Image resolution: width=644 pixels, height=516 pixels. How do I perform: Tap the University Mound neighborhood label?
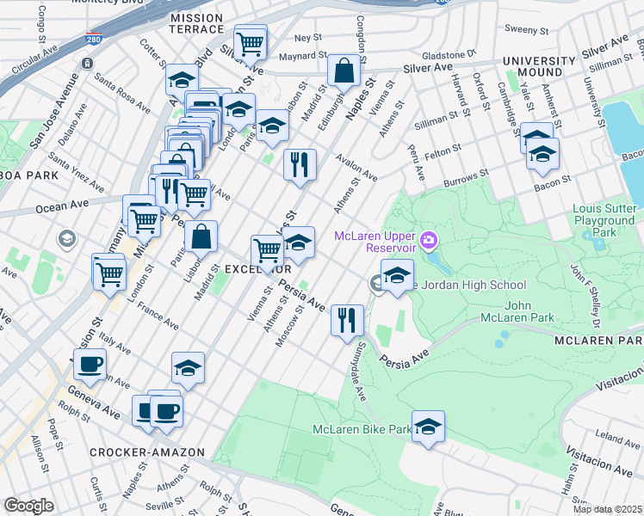click(539, 67)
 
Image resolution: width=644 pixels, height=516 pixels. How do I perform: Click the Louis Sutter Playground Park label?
click(606, 221)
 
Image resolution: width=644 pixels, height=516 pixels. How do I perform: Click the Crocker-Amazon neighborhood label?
click(147, 451)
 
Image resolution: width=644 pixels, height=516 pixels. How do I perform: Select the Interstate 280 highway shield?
click(94, 40)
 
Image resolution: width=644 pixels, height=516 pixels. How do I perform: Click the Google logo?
click(28, 505)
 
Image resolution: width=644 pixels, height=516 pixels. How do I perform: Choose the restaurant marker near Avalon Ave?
click(300, 165)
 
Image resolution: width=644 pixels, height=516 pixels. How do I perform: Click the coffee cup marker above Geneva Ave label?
click(90, 364)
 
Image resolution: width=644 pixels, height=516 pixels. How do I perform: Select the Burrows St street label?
click(466, 179)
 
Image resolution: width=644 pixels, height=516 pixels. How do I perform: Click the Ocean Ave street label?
click(57, 206)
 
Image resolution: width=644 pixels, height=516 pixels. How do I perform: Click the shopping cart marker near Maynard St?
click(250, 42)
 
